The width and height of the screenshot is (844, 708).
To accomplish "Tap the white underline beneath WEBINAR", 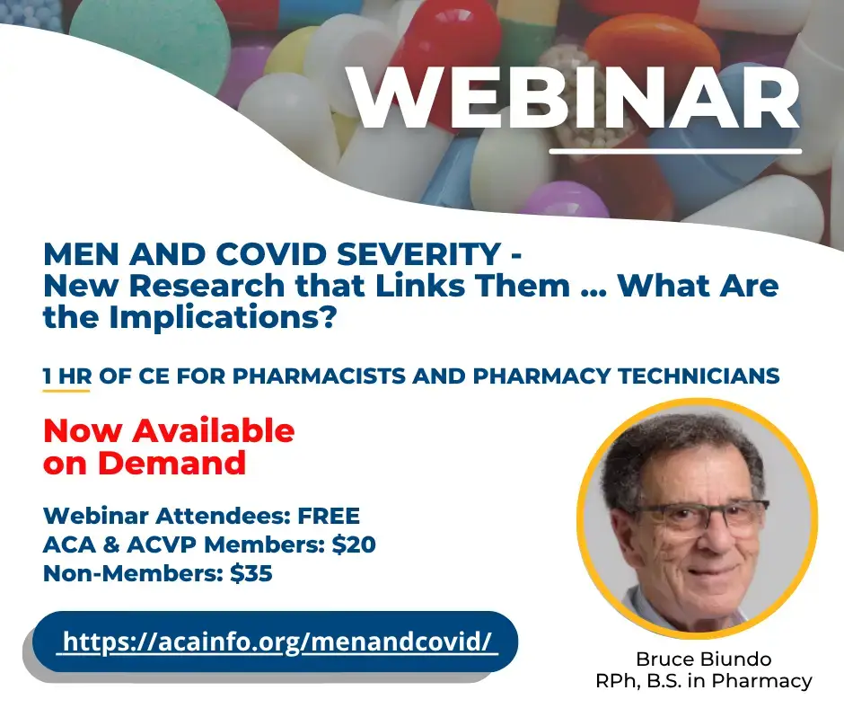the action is point(675,152).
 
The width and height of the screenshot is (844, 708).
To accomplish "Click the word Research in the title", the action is point(207,286).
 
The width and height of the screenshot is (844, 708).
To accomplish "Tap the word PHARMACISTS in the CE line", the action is point(319,376).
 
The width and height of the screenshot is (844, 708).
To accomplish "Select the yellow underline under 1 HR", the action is point(66,390).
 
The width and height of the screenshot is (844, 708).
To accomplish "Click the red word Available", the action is point(214,430).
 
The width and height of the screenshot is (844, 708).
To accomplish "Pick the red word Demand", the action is point(171,463).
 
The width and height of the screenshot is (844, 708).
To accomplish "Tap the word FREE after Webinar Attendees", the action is point(329,517).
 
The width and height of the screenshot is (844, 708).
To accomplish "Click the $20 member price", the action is point(354,544).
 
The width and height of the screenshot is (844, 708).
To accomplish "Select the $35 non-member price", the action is point(251,573).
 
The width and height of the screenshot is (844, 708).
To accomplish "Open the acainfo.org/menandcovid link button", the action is point(275,642).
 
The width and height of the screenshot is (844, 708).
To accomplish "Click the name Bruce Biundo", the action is point(704,659).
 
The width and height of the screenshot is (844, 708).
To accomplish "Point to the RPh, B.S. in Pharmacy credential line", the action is point(704,681).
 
